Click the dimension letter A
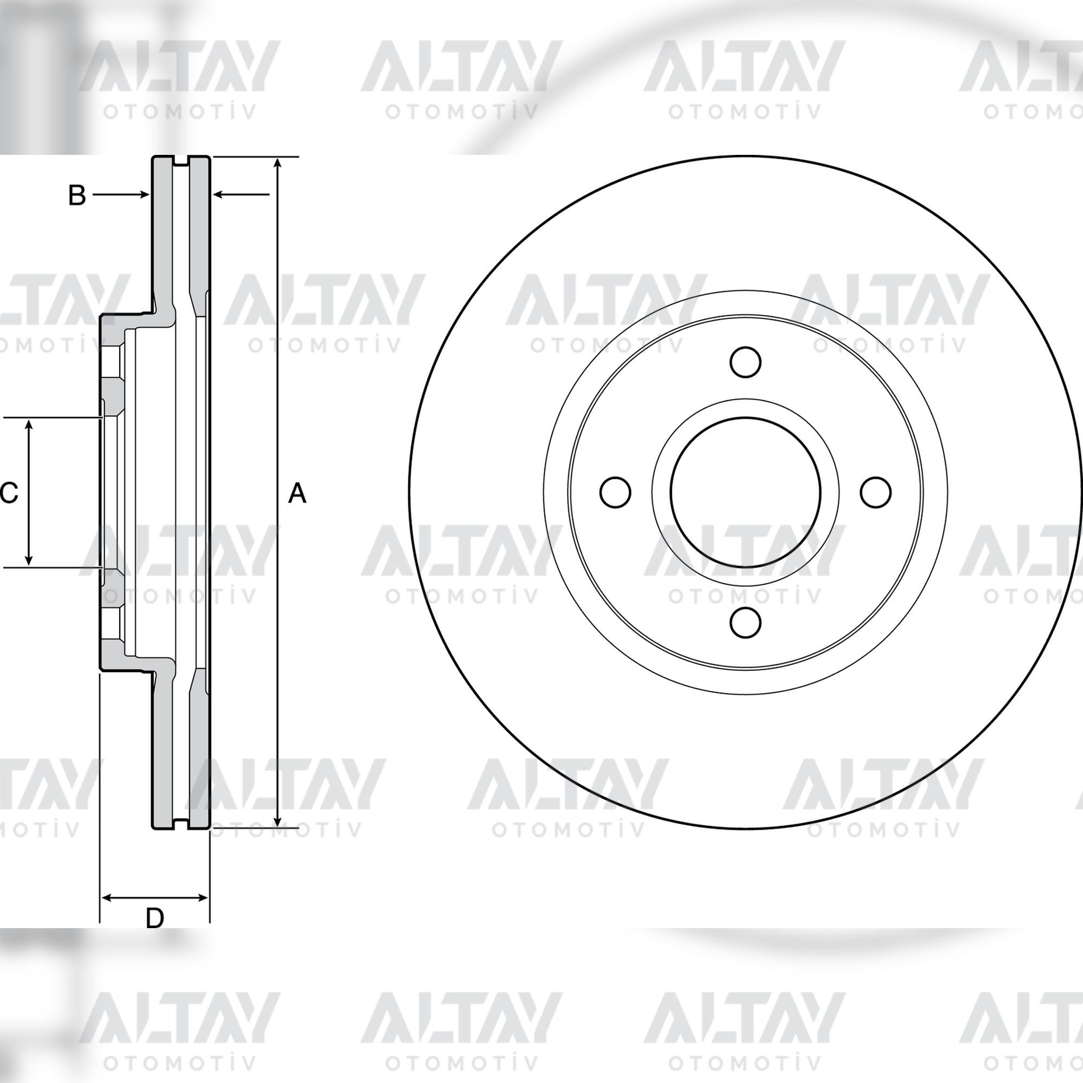tap(297, 494)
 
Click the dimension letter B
tap(77, 195)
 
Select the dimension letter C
tap(9, 493)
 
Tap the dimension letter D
tap(155, 918)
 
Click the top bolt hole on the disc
tap(746, 362)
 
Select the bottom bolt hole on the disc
tap(746, 622)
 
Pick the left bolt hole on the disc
tap(616, 492)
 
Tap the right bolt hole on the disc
tap(876, 492)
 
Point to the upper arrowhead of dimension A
tap(277, 164)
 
